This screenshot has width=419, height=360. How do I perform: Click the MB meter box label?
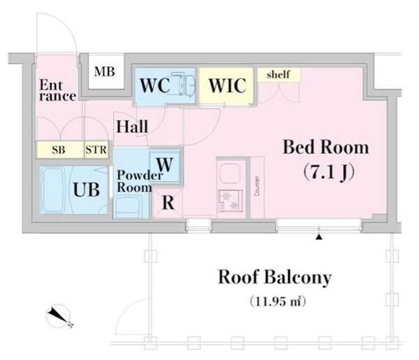coord(105,71)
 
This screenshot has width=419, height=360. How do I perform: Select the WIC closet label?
coord(226,86)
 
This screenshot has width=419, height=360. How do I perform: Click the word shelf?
coord(279,74)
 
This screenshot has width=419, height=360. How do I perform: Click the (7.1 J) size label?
coord(325,170)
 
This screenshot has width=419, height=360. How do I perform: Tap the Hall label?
coord(132,127)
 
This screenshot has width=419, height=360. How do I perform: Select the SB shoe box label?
coord(59,150)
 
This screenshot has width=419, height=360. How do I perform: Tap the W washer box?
coord(166,165)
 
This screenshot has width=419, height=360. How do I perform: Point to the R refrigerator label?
coord(168,203)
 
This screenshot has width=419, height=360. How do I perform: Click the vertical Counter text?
coord(257,186)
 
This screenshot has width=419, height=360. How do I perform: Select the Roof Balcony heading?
coord(274,277)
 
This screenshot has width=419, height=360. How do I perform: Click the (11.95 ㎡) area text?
coord(279,303)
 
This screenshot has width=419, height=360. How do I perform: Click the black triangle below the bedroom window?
coord(319,238)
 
